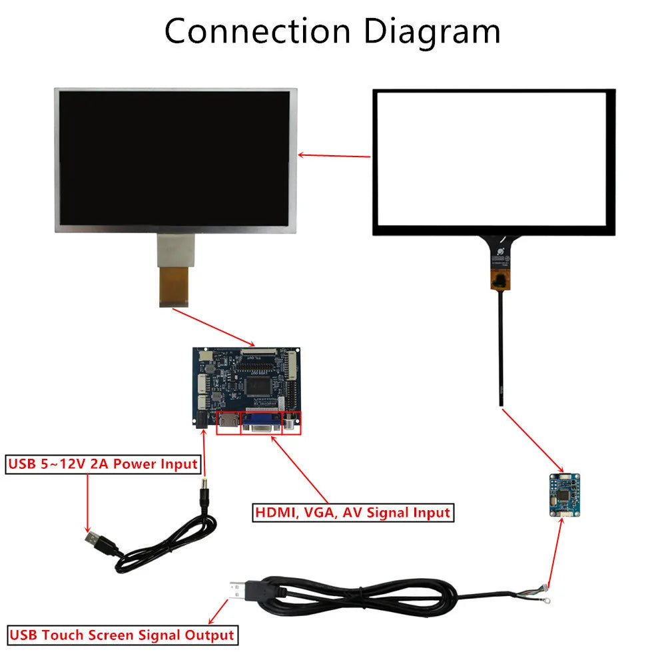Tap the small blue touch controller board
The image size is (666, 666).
[564, 495]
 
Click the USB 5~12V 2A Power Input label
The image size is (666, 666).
[103, 464]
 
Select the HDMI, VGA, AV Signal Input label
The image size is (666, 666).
[352, 513]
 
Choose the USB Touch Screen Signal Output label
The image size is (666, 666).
[121, 635]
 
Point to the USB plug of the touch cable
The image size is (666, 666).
[242, 591]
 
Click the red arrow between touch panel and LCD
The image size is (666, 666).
[334, 157]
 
